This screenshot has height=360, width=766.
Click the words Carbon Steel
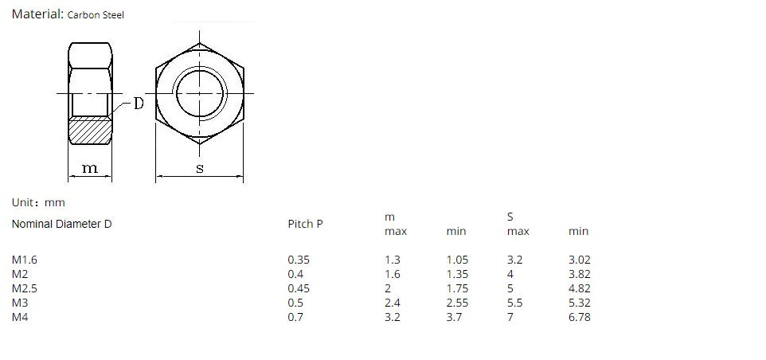[96, 15]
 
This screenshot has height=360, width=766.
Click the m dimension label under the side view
[90, 168]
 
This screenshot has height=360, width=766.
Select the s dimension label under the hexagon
[199, 168]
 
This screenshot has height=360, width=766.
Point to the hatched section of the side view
[90, 130]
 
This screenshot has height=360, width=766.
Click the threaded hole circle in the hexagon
[199, 93]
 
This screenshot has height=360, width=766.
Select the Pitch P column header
[305, 224]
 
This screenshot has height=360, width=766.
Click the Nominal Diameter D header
[61, 224]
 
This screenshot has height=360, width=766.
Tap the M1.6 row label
[25, 260]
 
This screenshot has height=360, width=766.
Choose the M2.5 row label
[25, 288]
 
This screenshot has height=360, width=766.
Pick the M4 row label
[20, 317]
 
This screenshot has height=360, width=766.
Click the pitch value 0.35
[299, 260]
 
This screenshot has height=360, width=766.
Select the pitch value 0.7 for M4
[295, 317]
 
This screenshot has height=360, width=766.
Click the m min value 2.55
[458, 303]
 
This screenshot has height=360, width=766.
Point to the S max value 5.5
[515, 303]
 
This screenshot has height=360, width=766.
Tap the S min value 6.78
[580, 317]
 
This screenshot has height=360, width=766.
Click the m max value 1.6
[393, 274]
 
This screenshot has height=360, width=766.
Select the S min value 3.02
[580, 260]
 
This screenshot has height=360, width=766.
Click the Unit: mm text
[38, 203]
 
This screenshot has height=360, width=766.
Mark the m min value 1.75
[458, 288]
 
